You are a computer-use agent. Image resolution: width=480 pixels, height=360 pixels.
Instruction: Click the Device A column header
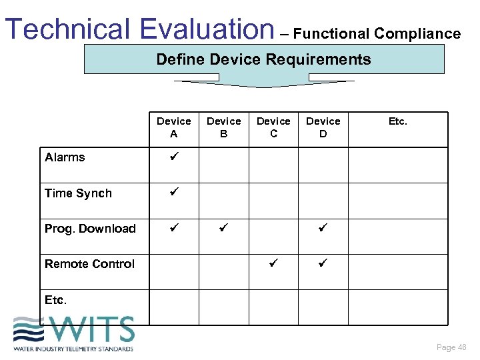tap(173, 127)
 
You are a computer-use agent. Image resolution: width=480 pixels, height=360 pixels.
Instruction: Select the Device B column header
tap(223, 127)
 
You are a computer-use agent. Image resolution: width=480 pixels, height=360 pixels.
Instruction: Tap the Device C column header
tap(273, 127)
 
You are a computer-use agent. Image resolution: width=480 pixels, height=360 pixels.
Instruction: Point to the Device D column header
tap(323, 127)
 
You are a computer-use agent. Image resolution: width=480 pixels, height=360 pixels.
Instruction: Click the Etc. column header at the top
tap(398, 121)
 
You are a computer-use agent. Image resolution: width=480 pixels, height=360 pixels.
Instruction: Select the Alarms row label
tap(65, 157)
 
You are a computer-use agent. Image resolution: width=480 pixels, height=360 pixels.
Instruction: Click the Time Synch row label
tap(78, 193)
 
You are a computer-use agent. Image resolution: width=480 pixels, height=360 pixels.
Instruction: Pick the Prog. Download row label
tap(90, 229)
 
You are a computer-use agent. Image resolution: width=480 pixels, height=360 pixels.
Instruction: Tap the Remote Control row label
tap(89, 264)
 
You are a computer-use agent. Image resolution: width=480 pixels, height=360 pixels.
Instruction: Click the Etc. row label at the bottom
tap(55, 300)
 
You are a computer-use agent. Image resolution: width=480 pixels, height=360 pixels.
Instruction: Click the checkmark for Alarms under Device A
tap(173, 157)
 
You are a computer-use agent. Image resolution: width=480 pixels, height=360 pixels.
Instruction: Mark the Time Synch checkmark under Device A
tap(173, 193)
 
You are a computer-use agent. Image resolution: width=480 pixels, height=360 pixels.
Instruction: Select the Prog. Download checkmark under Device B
tap(223, 228)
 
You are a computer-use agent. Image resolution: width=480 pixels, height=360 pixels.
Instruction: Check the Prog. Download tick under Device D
tap(323, 228)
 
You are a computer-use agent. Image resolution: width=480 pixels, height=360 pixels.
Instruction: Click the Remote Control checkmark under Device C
tap(273, 263)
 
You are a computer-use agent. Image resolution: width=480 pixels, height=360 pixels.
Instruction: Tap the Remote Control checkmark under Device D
tap(323, 263)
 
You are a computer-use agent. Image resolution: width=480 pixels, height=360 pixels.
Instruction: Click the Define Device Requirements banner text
tap(263, 59)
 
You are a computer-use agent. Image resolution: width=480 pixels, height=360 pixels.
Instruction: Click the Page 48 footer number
tap(451, 347)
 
